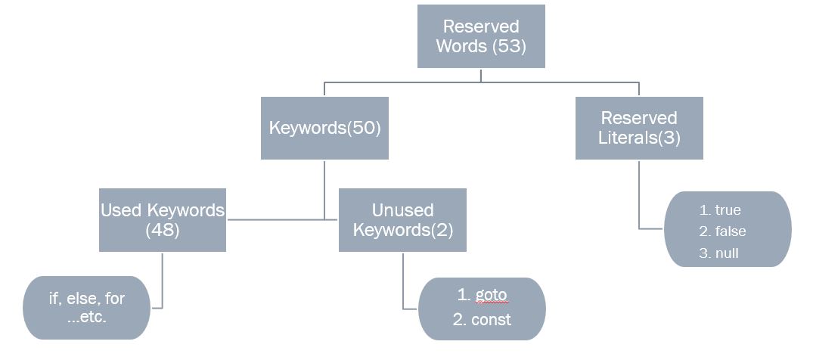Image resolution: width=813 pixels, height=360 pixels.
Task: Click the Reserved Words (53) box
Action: pyautogui.click(x=481, y=36)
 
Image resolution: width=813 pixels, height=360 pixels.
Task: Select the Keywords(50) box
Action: pyautogui.click(x=324, y=128)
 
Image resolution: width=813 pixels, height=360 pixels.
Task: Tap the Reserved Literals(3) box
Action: pyautogui.click(x=639, y=128)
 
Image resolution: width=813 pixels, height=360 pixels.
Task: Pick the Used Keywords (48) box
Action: pyautogui.click(x=163, y=220)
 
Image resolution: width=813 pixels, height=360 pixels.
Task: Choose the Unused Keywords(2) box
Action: pyautogui.click(x=402, y=220)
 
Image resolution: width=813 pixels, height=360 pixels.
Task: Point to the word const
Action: pyautogui.click(x=491, y=319)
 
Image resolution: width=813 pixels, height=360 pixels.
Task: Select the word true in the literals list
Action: pyautogui.click(x=728, y=210)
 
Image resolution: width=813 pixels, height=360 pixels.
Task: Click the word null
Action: pyautogui.click(x=726, y=253)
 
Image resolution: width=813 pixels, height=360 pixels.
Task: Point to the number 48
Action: pyautogui.click(x=162, y=230)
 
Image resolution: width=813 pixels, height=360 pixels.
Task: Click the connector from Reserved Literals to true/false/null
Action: pyautogui.click(x=640, y=197)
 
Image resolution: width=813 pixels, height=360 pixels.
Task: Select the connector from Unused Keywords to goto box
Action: pyautogui.click(x=403, y=284)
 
